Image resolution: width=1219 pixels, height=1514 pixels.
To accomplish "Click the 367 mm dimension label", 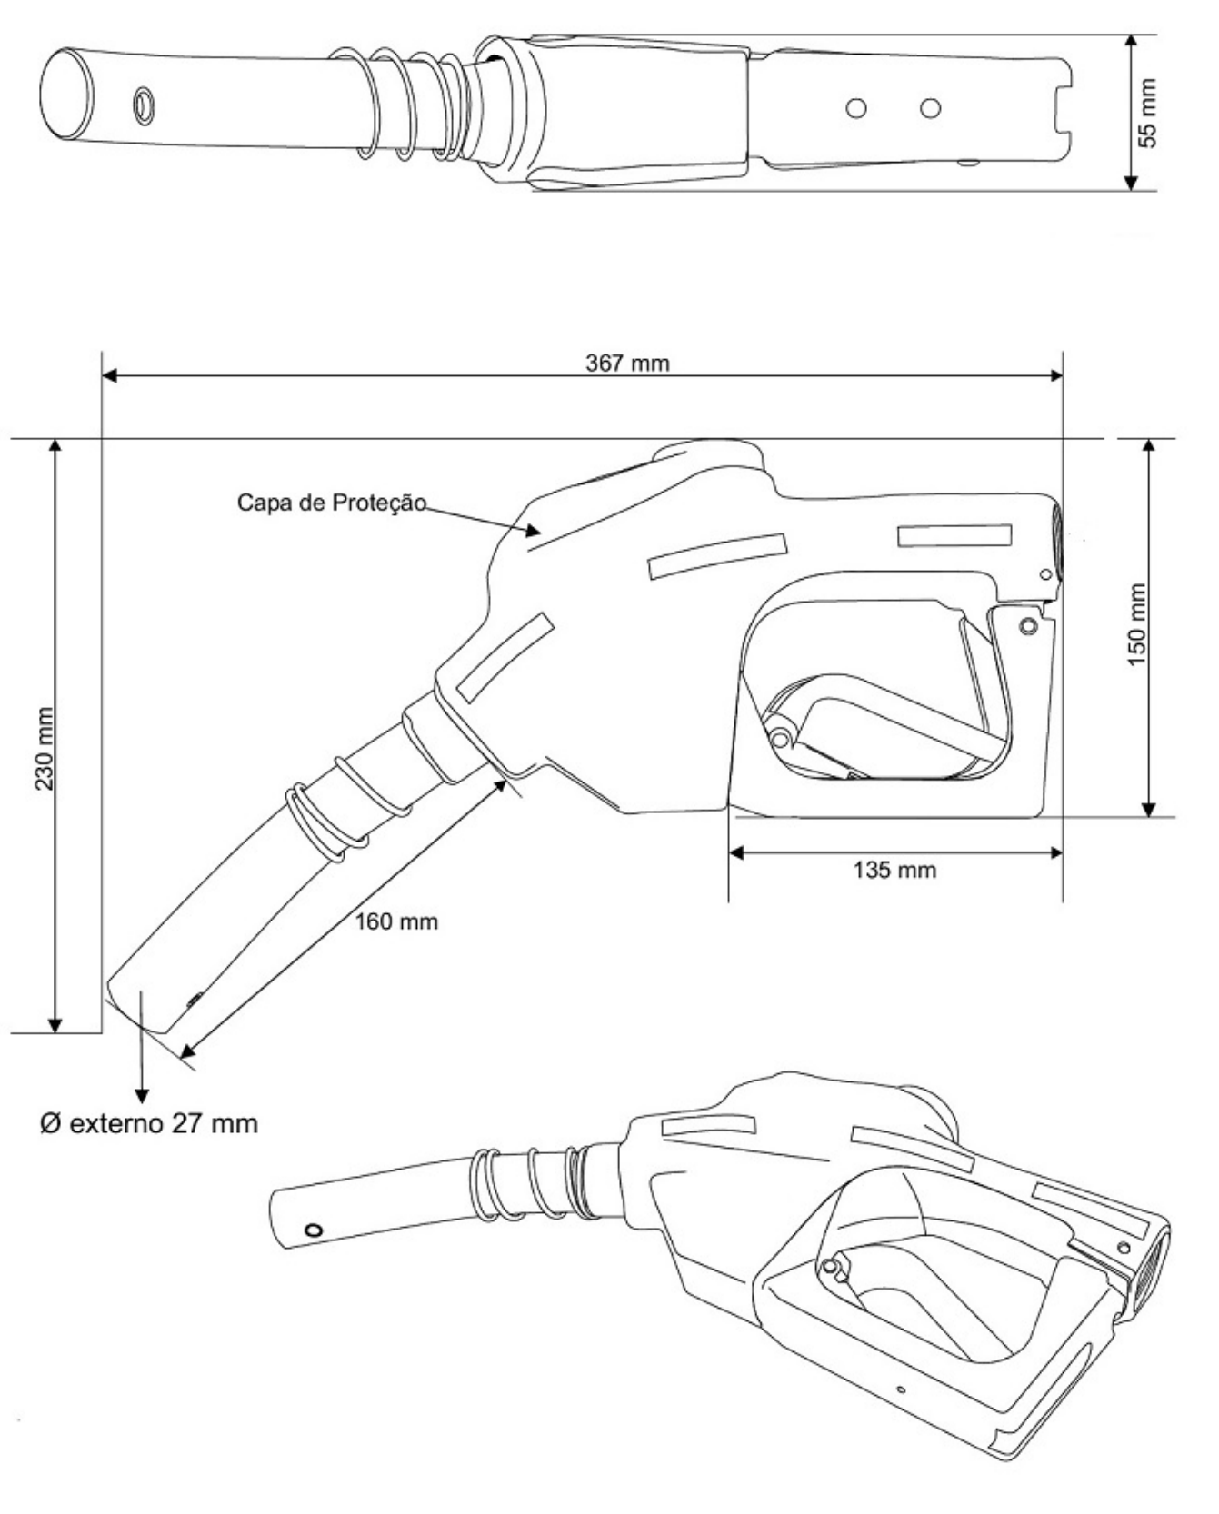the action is (x=627, y=364).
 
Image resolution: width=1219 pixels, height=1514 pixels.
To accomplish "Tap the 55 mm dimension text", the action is (x=1149, y=113).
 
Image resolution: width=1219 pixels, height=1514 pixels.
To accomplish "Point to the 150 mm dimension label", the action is (x=1137, y=625).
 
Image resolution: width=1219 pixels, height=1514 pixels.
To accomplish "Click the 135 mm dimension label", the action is (x=894, y=870).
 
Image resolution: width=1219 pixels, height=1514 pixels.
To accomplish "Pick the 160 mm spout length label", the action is (x=396, y=921).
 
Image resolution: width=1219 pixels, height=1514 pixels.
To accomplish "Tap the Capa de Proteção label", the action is (x=332, y=502).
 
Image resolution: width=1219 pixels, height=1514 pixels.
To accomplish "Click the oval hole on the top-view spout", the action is (x=144, y=105).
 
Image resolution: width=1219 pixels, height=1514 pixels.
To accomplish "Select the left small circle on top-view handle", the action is (x=854, y=109).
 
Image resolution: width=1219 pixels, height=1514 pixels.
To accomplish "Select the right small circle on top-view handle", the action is (x=929, y=109).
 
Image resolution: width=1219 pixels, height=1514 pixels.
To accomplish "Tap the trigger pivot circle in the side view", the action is (x=780, y=737).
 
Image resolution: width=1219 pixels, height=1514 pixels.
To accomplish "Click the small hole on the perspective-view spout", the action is (x=314, y=1230).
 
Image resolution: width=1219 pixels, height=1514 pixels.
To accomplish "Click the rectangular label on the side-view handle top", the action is (x=954, y=535).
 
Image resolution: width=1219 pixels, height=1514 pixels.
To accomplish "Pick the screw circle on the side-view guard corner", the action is (x=1028, y=626).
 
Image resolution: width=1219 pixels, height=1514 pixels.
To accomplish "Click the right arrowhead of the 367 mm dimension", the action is (x=1055, y=375).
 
